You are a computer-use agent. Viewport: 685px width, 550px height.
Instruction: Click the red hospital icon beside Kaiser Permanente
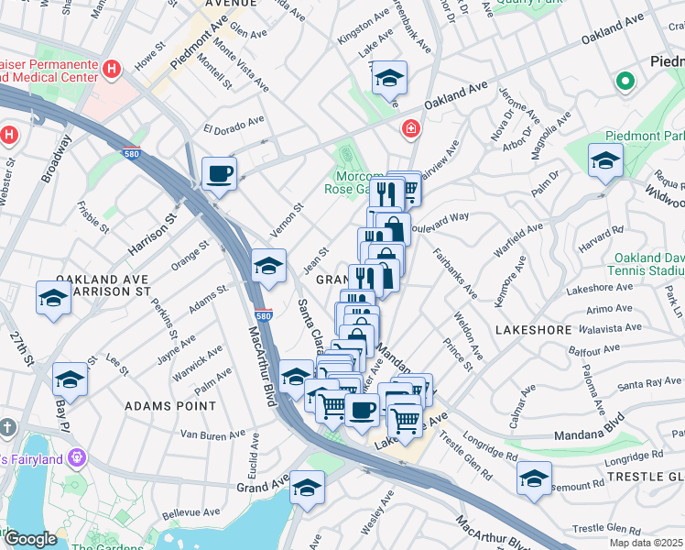point(111,69)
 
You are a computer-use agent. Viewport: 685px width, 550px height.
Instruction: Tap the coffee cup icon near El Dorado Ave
point(219,173)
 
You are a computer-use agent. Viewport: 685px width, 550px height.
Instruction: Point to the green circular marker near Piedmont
point(625,82)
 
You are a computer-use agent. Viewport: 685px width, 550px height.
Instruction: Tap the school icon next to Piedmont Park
point(605,161)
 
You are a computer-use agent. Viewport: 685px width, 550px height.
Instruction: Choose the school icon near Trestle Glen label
point(534,478)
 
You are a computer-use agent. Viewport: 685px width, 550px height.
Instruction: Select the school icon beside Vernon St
point(268,266)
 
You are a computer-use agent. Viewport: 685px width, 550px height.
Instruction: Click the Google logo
point(29,539)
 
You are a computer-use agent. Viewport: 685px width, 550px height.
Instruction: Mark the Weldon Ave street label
point(467,335)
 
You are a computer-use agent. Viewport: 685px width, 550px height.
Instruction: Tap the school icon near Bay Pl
point(70,379)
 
